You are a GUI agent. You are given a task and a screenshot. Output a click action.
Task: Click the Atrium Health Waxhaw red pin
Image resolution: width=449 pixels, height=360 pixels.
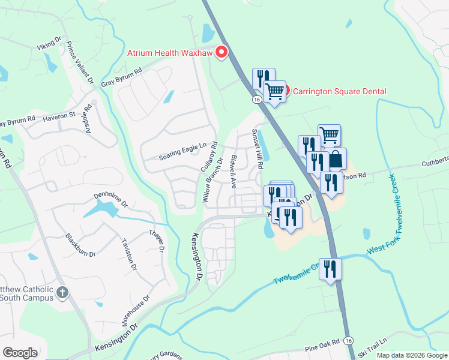pos(221,53)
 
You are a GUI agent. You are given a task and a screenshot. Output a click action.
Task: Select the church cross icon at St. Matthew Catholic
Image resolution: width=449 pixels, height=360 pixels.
pos(62,292)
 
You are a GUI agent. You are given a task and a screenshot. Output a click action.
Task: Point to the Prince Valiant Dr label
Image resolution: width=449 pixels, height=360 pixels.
pos(80,62)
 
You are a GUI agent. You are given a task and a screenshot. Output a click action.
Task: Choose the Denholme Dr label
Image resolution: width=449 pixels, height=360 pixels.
pos(110,200)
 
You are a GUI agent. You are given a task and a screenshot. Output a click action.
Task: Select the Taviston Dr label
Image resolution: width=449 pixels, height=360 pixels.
pos(130,254)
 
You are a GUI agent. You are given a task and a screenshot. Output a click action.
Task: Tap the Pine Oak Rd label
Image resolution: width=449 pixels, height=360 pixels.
pos(322,343)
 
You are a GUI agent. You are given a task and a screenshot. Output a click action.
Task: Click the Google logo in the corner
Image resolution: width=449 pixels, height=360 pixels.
pos(20,353)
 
